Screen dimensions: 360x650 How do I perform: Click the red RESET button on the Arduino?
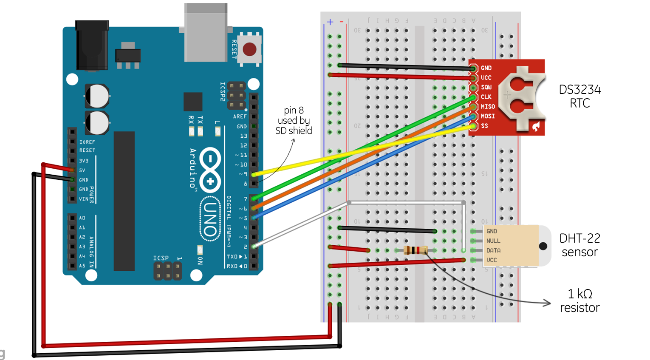pyautogui.click(x=249, y=49)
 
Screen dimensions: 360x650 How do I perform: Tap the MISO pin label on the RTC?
pyautogui.click(x=488, y=107)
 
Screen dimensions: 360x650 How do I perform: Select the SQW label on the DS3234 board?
pyautogui.click(x=486, y=87)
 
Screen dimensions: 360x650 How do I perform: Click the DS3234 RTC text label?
pyautogui.click(x=579, y=96)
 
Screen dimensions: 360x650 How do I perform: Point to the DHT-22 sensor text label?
pyautogui.click(x=579, y=245)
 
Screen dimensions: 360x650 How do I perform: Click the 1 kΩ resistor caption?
pyautogui.click(x=579, y=300)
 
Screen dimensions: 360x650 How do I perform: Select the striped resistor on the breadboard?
pyautogui.click(x=415, y=250)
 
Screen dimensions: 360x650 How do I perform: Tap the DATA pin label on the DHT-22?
pyautogui.click(x=493, y=250)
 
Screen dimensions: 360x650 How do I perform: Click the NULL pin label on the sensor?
pyautogui.click(x=493, y=241)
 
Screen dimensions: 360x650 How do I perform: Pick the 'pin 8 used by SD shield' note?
pyautogui.click(x=294, y=121)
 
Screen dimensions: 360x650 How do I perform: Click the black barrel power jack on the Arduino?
pyautogui.click(x=92, y=45)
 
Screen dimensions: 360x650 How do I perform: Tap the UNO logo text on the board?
pyautogui.click(x=210, y=219)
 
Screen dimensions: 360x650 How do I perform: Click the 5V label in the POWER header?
pyautogui.click(x=82, y=170)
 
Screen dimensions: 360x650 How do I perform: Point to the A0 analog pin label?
pyautogui.click(x=82, y=218)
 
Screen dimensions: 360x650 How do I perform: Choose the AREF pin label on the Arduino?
pyautogui.click(x=240, y=116)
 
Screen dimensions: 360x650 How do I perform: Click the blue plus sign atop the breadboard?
pyautogui.click(x=330, y=22)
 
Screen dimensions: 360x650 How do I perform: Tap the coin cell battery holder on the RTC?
pyautogui.click(x=521, y=98)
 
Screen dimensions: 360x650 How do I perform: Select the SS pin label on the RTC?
pyautogui.click(x=484, y=126)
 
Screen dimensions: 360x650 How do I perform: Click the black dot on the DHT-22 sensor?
pyautogui.click(x=543, y=246)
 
